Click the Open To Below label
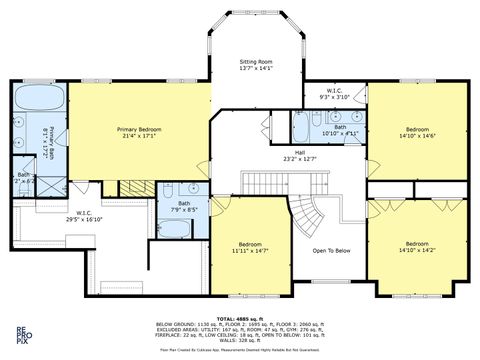coord(330,250)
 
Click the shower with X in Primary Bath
coord(52,187)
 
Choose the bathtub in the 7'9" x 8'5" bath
coord(174,229)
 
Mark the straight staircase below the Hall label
coord(285,181)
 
